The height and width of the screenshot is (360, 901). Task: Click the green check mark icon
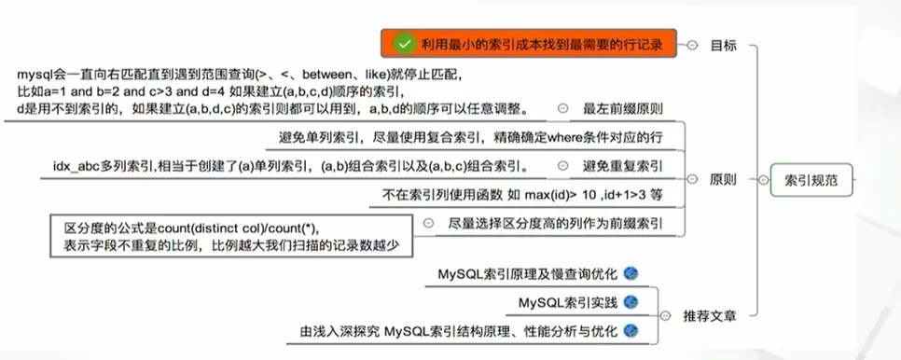coord(404,43)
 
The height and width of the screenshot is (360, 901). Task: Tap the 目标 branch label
coord(723,44)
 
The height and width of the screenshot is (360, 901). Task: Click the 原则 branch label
coord(723,180)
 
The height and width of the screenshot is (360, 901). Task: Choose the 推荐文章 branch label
coord(710,315)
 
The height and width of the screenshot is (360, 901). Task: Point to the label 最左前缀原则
coord(623,109)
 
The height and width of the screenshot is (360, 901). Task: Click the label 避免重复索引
coord(623,167)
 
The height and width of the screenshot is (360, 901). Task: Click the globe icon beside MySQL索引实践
coord(631,302)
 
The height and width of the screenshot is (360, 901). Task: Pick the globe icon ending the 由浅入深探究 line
coord(631,331)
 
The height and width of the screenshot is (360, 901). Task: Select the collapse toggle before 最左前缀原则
coord(562,109)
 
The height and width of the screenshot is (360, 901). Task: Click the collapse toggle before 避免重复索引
coord(562,167)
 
